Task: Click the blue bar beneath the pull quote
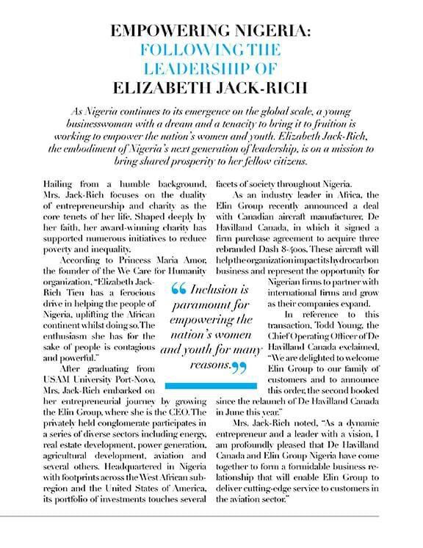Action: (x=211, y=384)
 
